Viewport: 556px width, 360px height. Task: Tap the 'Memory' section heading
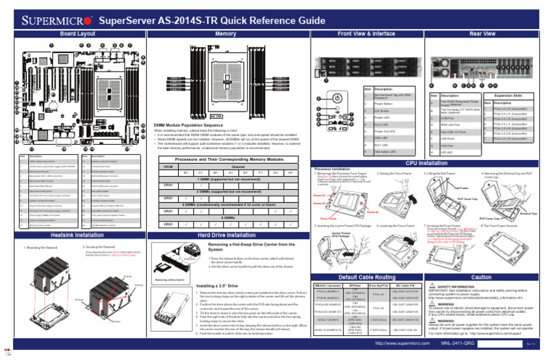tap(226, 33)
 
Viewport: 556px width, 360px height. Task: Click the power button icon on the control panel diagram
tap(339, 96)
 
